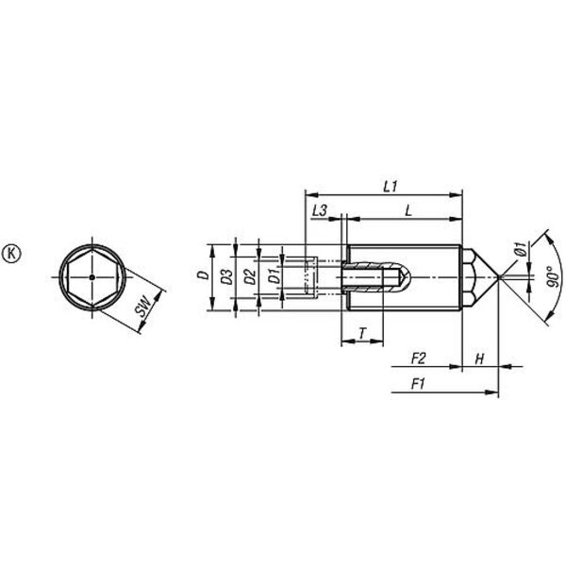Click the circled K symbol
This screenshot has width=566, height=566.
point(12,254)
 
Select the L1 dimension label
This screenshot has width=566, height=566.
point(391,187)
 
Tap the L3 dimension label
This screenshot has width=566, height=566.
point(320,210)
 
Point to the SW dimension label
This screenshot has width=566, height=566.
point(142,306)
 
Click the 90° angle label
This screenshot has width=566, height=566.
point(552,276)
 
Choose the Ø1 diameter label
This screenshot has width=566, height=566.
point(520,249)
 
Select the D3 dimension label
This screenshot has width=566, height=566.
point(227,276)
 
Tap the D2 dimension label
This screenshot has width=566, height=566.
point(250,276)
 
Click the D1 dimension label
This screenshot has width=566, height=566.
point(275,276)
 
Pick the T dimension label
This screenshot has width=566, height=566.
point(362,333)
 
